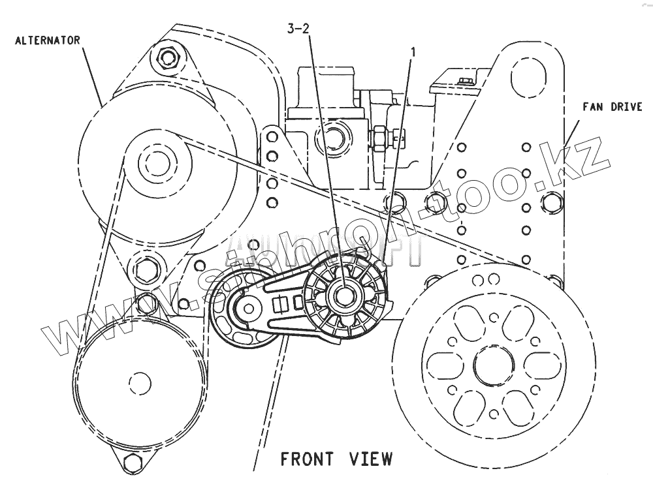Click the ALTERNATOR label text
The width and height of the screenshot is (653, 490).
(x=48, y=40)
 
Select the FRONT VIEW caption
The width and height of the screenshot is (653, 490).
(x=336, y=459)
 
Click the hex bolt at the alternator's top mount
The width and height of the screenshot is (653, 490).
(x=168, y=57)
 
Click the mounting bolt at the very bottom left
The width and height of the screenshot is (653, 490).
(x=133, y=463)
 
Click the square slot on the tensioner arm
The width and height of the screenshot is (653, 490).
(x=282, y=303)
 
